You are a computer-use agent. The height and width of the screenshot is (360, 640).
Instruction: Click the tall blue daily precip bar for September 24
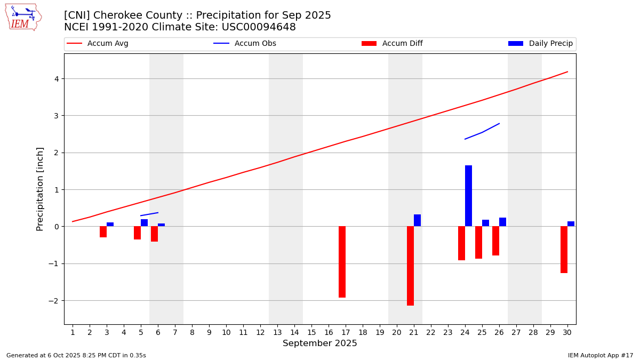point(468,196)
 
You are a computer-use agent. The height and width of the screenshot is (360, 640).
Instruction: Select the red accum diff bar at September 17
point(342,262)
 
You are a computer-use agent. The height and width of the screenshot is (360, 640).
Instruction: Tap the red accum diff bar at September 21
point(410,266)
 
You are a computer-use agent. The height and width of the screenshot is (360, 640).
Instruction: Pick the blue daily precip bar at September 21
point(417,220)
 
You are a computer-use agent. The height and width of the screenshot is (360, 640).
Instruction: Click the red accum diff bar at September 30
point(564,250)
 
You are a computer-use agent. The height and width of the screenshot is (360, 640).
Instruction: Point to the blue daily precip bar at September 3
point(110,225)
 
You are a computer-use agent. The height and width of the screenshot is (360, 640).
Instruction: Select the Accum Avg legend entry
point(98,44)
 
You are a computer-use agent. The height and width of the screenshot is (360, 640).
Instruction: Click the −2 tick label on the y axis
point(53,301)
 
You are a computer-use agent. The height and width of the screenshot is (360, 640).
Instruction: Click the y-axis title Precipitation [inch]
point(41,189)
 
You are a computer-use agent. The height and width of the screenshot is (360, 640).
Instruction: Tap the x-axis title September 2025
point(320,343)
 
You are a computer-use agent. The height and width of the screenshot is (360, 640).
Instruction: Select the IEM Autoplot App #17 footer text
point(601,355)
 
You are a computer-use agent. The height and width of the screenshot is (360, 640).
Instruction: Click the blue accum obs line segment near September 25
point(482,132)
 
